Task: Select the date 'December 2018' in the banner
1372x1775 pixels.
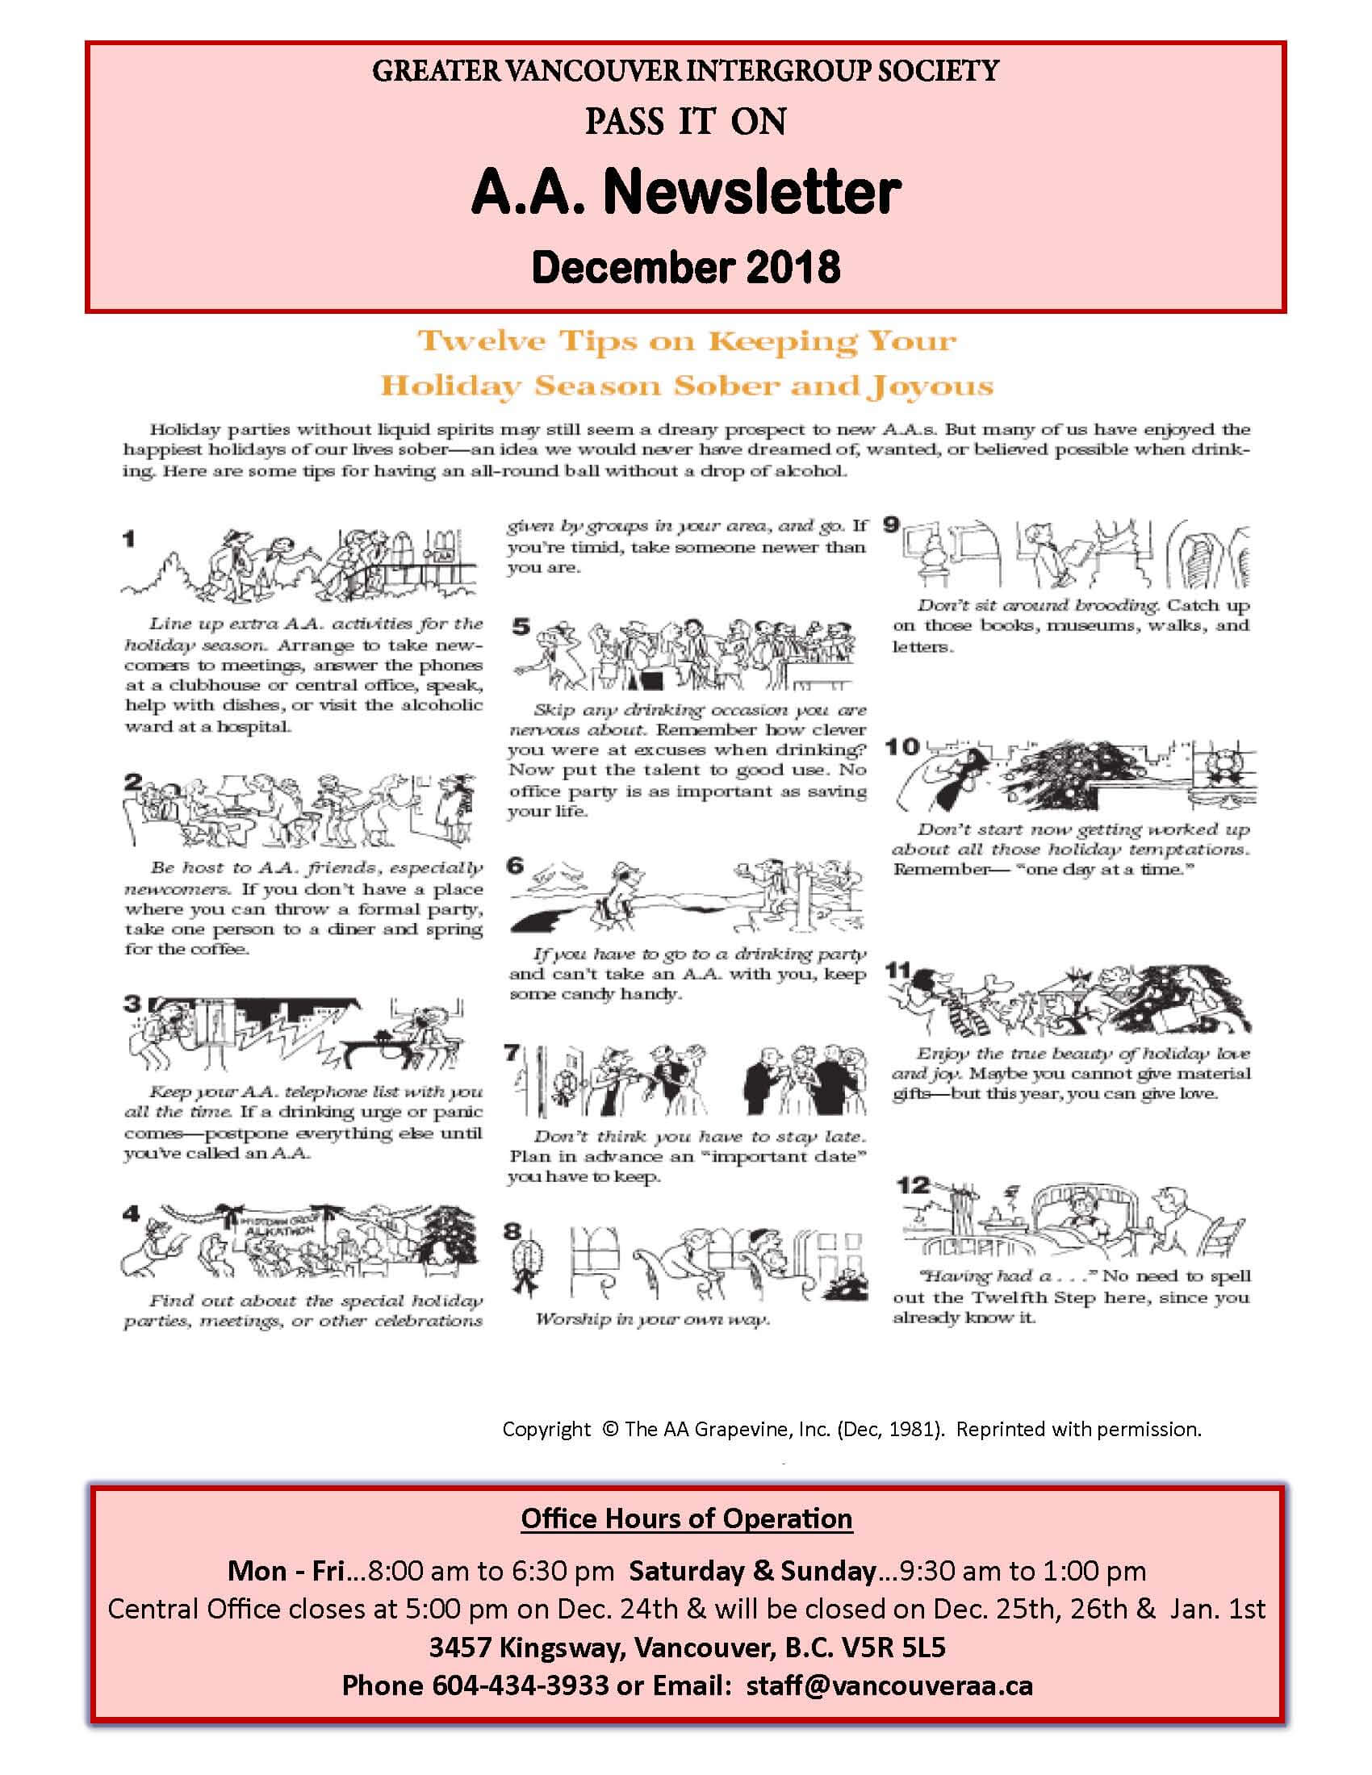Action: point(685,266)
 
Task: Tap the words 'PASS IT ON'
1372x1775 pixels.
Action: point(685,122)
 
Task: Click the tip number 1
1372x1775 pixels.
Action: point(129,538)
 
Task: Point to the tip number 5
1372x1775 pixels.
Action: point(521,627)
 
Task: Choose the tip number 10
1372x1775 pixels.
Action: point(901,746)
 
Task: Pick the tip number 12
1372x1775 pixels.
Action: point(913,1186)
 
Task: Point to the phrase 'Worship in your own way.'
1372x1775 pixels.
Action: point(651,1319)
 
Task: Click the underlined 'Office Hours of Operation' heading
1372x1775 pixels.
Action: point(686,1518)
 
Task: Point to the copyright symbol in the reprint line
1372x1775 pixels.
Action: point(609,1430)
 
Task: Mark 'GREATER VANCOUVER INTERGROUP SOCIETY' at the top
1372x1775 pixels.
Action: point(685,72)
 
